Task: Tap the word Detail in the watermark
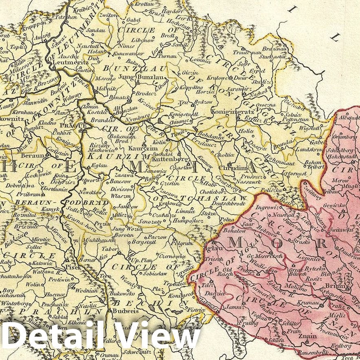[x=53, y=336]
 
